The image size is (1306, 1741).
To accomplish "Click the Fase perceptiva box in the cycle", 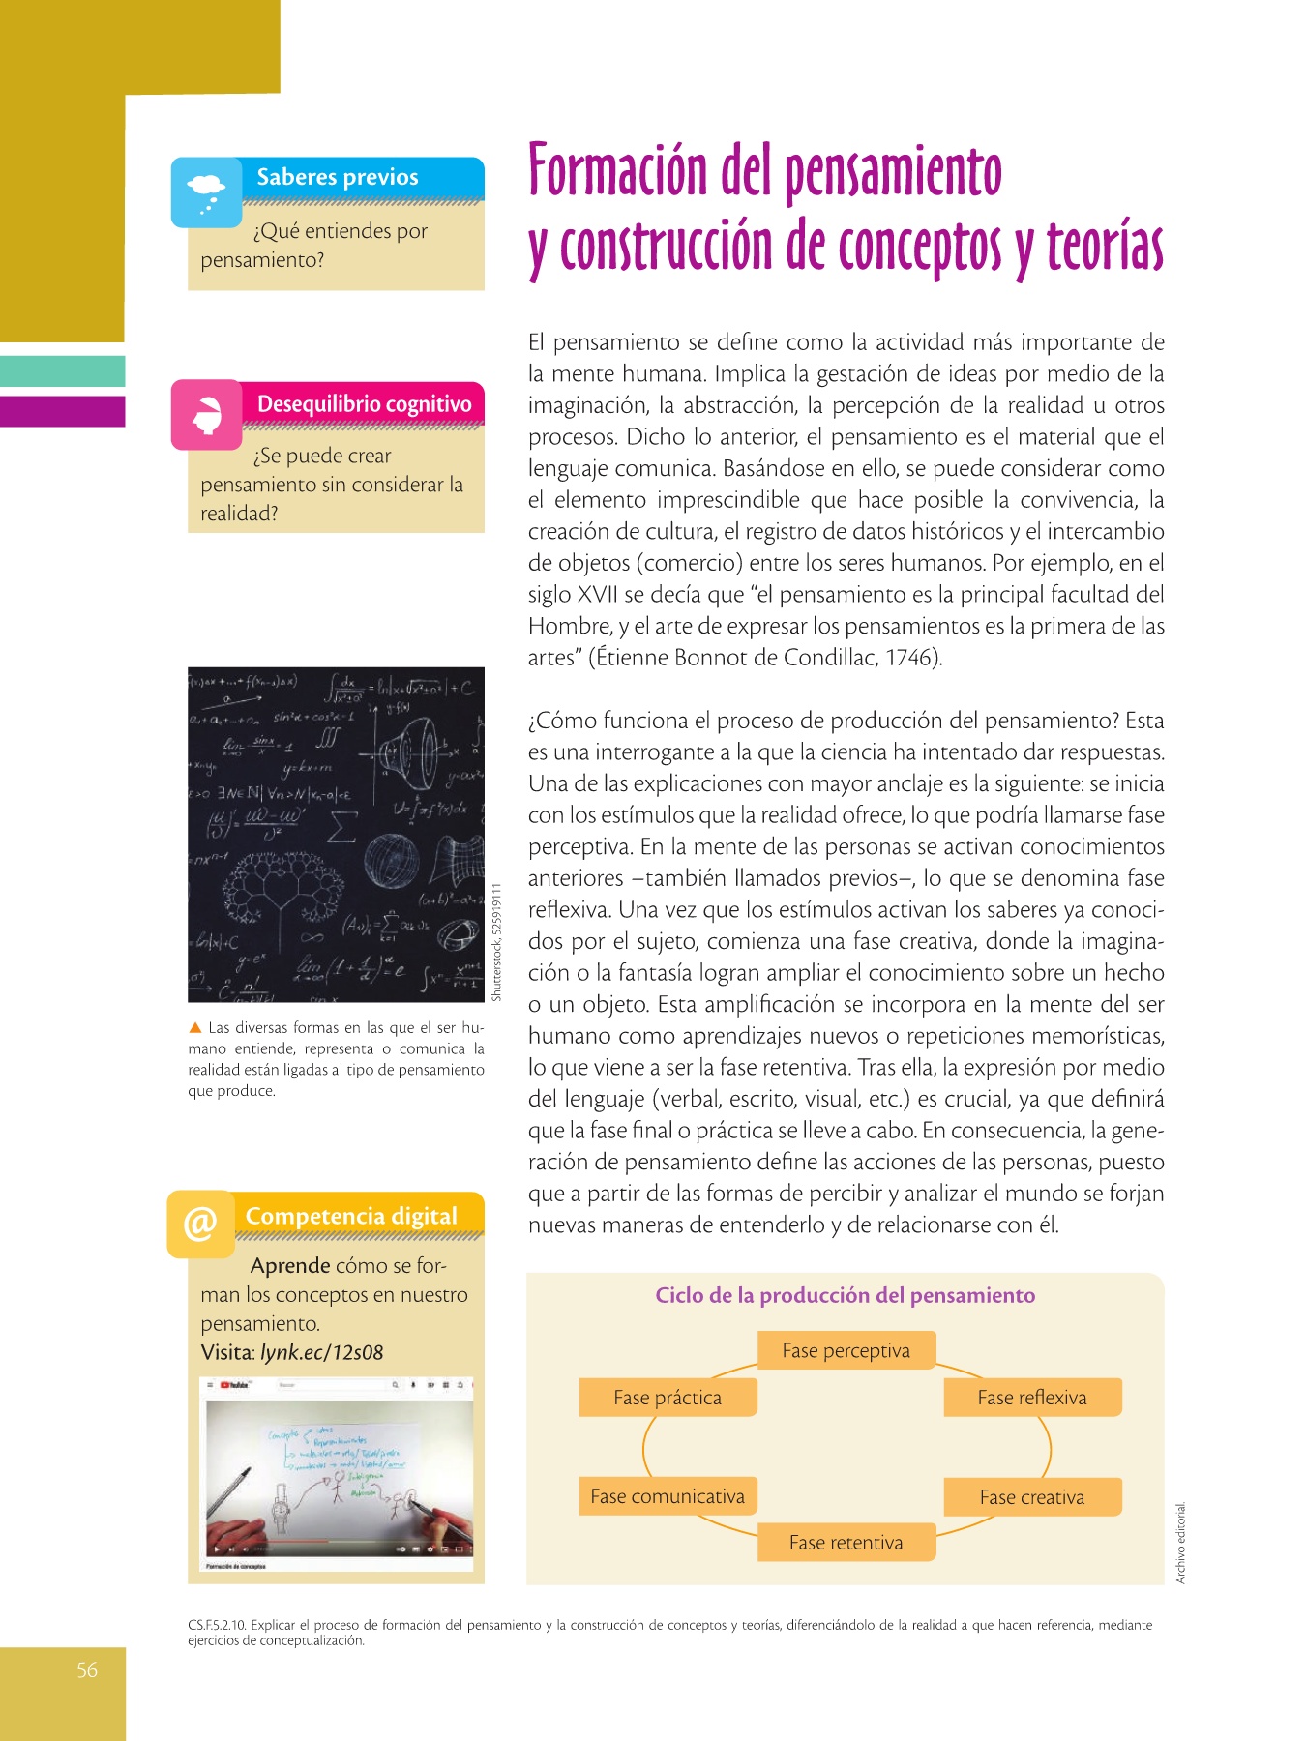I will pyautogui.click(x=846, y=1350).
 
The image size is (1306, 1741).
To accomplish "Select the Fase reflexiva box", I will pyautogui.click(x=1031, y=1398).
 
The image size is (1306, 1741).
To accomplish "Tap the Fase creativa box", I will pyautogui.click(x=1031, y=1497).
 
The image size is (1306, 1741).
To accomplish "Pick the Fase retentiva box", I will pyautogui.click(x=846, y=1543).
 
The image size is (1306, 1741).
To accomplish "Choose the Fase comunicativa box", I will pyautogui.click(x=668, y=1496).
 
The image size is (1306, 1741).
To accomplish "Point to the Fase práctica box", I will pyautogui.click(x=668, y=1398).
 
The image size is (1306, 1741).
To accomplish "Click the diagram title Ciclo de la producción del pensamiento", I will pyautogui.click(x=845, y=1295).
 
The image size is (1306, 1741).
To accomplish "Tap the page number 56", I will pyautogui.click(x=87, y=1670).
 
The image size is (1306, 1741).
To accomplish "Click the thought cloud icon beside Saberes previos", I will pyautogui.click(x=206, y=192).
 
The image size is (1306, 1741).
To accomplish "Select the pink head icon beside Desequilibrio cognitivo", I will pyautogui.click(x=206, y=415).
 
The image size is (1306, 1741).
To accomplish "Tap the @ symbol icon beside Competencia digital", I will pyautogui.click(x=200, y=1224).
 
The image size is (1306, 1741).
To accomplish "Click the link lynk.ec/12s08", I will pyautogui.click(x=321, y=1352).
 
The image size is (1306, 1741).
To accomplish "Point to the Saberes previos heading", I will pyautogui.click(x=337, y=177).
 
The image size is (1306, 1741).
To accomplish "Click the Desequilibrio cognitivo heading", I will pyautogui.click(x=364, y=404).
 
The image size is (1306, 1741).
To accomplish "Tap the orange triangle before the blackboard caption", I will pyautogui.click(x=195, y=1027).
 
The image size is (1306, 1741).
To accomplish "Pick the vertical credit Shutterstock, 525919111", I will pyautogui.click(x=496, y=942).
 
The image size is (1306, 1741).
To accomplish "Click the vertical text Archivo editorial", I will pyautogui.click(x=1180, y=1542).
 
